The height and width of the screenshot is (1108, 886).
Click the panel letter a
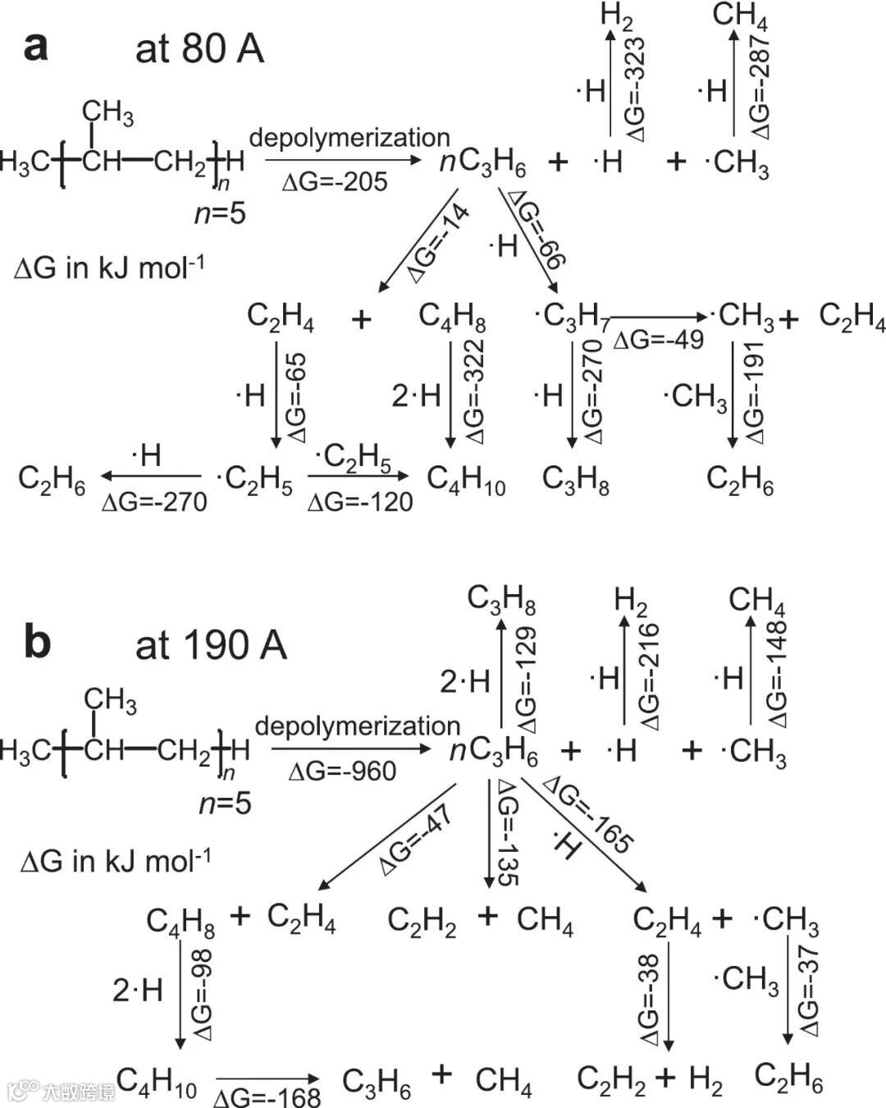point(35,47)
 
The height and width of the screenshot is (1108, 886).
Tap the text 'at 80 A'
point(199,49)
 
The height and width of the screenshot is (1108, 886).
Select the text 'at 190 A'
point(211,645)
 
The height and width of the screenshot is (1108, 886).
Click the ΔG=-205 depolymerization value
point(335,181)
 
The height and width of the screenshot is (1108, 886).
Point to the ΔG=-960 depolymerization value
point(342,771)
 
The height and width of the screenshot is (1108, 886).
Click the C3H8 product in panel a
point(576,479)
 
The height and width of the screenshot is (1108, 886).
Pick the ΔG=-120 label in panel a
point(360,501)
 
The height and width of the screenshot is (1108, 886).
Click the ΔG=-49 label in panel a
point(658,339)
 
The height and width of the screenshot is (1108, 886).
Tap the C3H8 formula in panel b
point(501,599)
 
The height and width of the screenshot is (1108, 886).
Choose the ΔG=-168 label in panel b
point(267,1097)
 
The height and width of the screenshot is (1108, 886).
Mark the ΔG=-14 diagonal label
point(440,243)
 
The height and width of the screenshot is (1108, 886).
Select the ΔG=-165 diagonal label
point(589,813)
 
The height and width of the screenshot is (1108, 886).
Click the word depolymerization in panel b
point(358,726)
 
